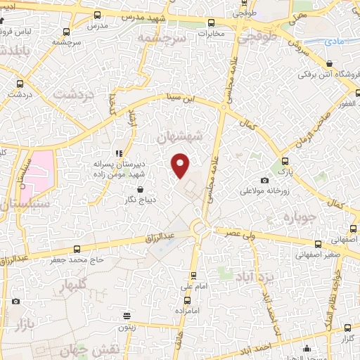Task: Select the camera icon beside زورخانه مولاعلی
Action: click(264, 181)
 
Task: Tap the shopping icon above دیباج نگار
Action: click(141, 189)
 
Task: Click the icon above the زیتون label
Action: click(126, 316)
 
